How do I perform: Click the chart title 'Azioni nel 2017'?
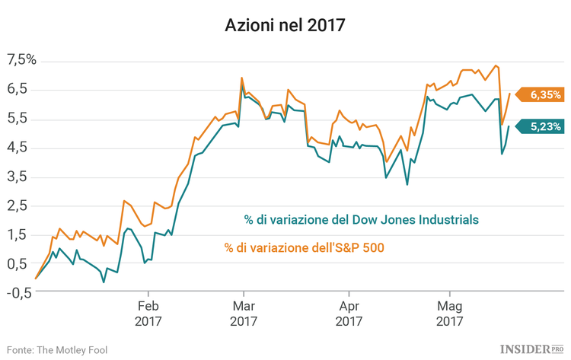[285, 25]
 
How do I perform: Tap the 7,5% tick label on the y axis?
[21, 60]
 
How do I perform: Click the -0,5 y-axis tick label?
[17, 292]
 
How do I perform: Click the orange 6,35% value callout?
[542, 95]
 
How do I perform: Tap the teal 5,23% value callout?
[542, 127]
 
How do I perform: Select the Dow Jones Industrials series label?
[361, 220]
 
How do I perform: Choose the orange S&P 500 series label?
[305, 247]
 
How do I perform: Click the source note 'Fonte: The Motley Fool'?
[57, 349]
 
